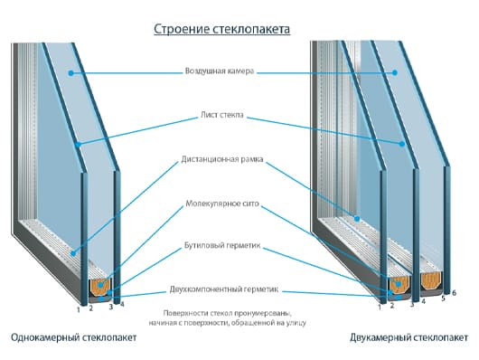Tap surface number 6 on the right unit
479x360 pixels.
tap(454, 293)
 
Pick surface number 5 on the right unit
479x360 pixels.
tap(443, 298)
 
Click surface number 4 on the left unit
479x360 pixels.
tap(122, 304)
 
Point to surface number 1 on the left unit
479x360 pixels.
tap(78, 309)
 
